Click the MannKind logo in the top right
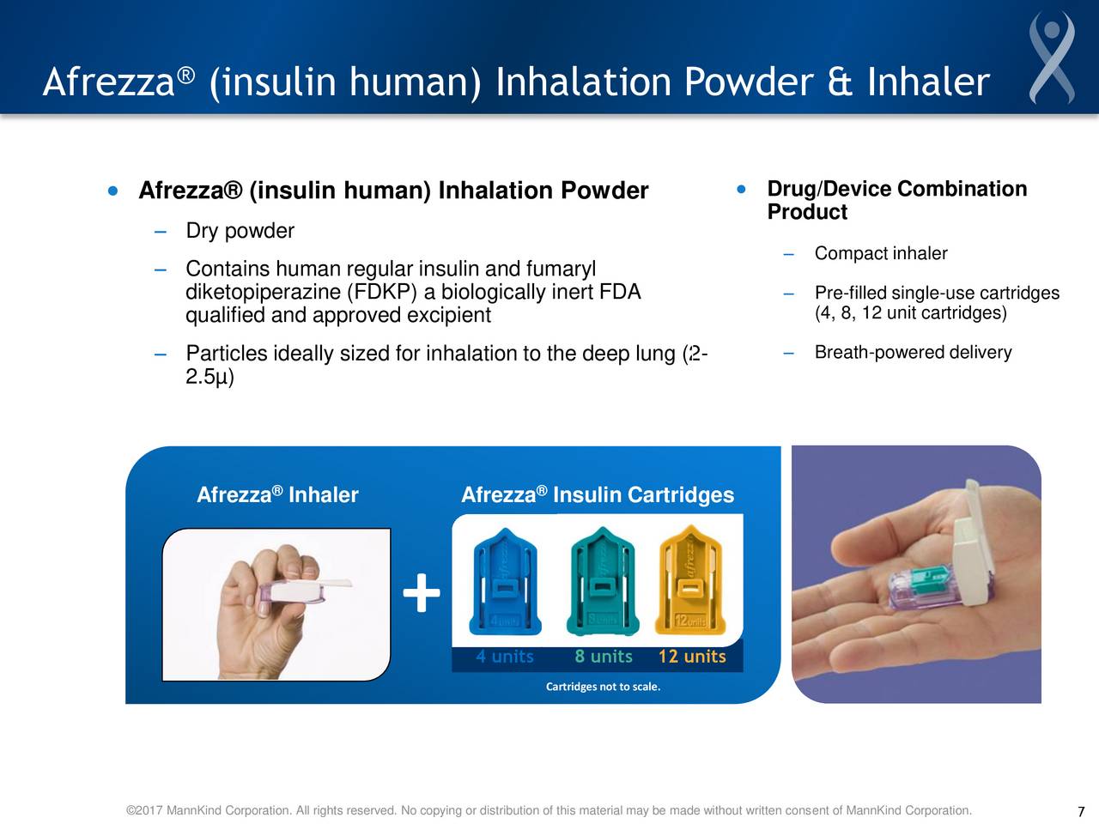(x=1052, y=58)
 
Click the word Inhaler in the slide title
(x=928, y=82)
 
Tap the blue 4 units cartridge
(x=507, y=581)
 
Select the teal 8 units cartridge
(x=602, y=581)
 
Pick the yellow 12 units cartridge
(x=690, y=581)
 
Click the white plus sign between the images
(x=421, y=594)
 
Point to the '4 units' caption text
(x=505, y=657)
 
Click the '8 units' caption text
(x=604, y=657)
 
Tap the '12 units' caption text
(x=692, y=657)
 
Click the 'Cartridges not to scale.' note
(x=603, y=687)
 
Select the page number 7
(x=1081, y=812)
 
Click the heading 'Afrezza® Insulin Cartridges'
(x=598, y=495)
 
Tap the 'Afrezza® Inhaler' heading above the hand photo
(x=277, y=495)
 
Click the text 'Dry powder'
(x=240, y=231)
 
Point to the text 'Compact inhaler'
(x=881, y=253)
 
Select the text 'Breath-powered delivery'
(x=913, y=353)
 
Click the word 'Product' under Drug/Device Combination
(x=807, y=212)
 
